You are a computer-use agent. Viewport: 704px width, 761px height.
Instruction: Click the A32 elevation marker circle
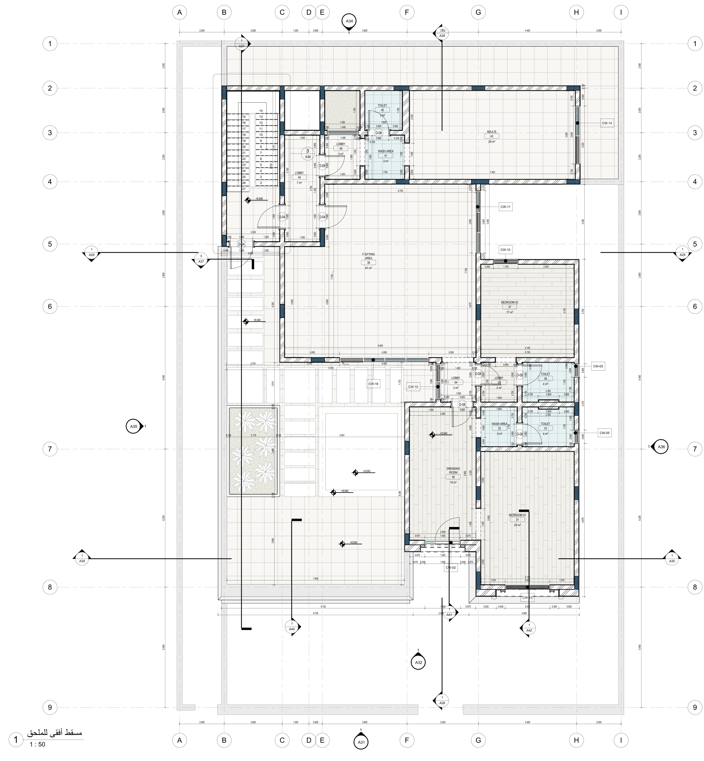418,662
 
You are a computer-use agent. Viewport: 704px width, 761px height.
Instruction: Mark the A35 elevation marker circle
134,427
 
